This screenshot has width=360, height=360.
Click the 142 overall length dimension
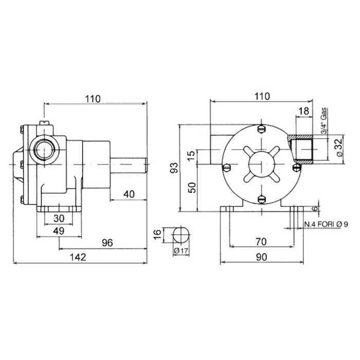[x=78, y=257]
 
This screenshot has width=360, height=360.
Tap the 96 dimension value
[x=107, y=243]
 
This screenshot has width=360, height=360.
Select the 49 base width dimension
[x=59, y=231]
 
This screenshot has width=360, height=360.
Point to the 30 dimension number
[x=59, y=219]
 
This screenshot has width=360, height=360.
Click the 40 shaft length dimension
[x=129, y=194]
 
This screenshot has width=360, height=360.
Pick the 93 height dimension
[x=174, y=168]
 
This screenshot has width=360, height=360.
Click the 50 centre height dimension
[x=191, y=188]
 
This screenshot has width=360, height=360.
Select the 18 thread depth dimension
[x=304, y=111]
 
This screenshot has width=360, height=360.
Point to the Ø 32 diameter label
[x=339, y=148]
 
